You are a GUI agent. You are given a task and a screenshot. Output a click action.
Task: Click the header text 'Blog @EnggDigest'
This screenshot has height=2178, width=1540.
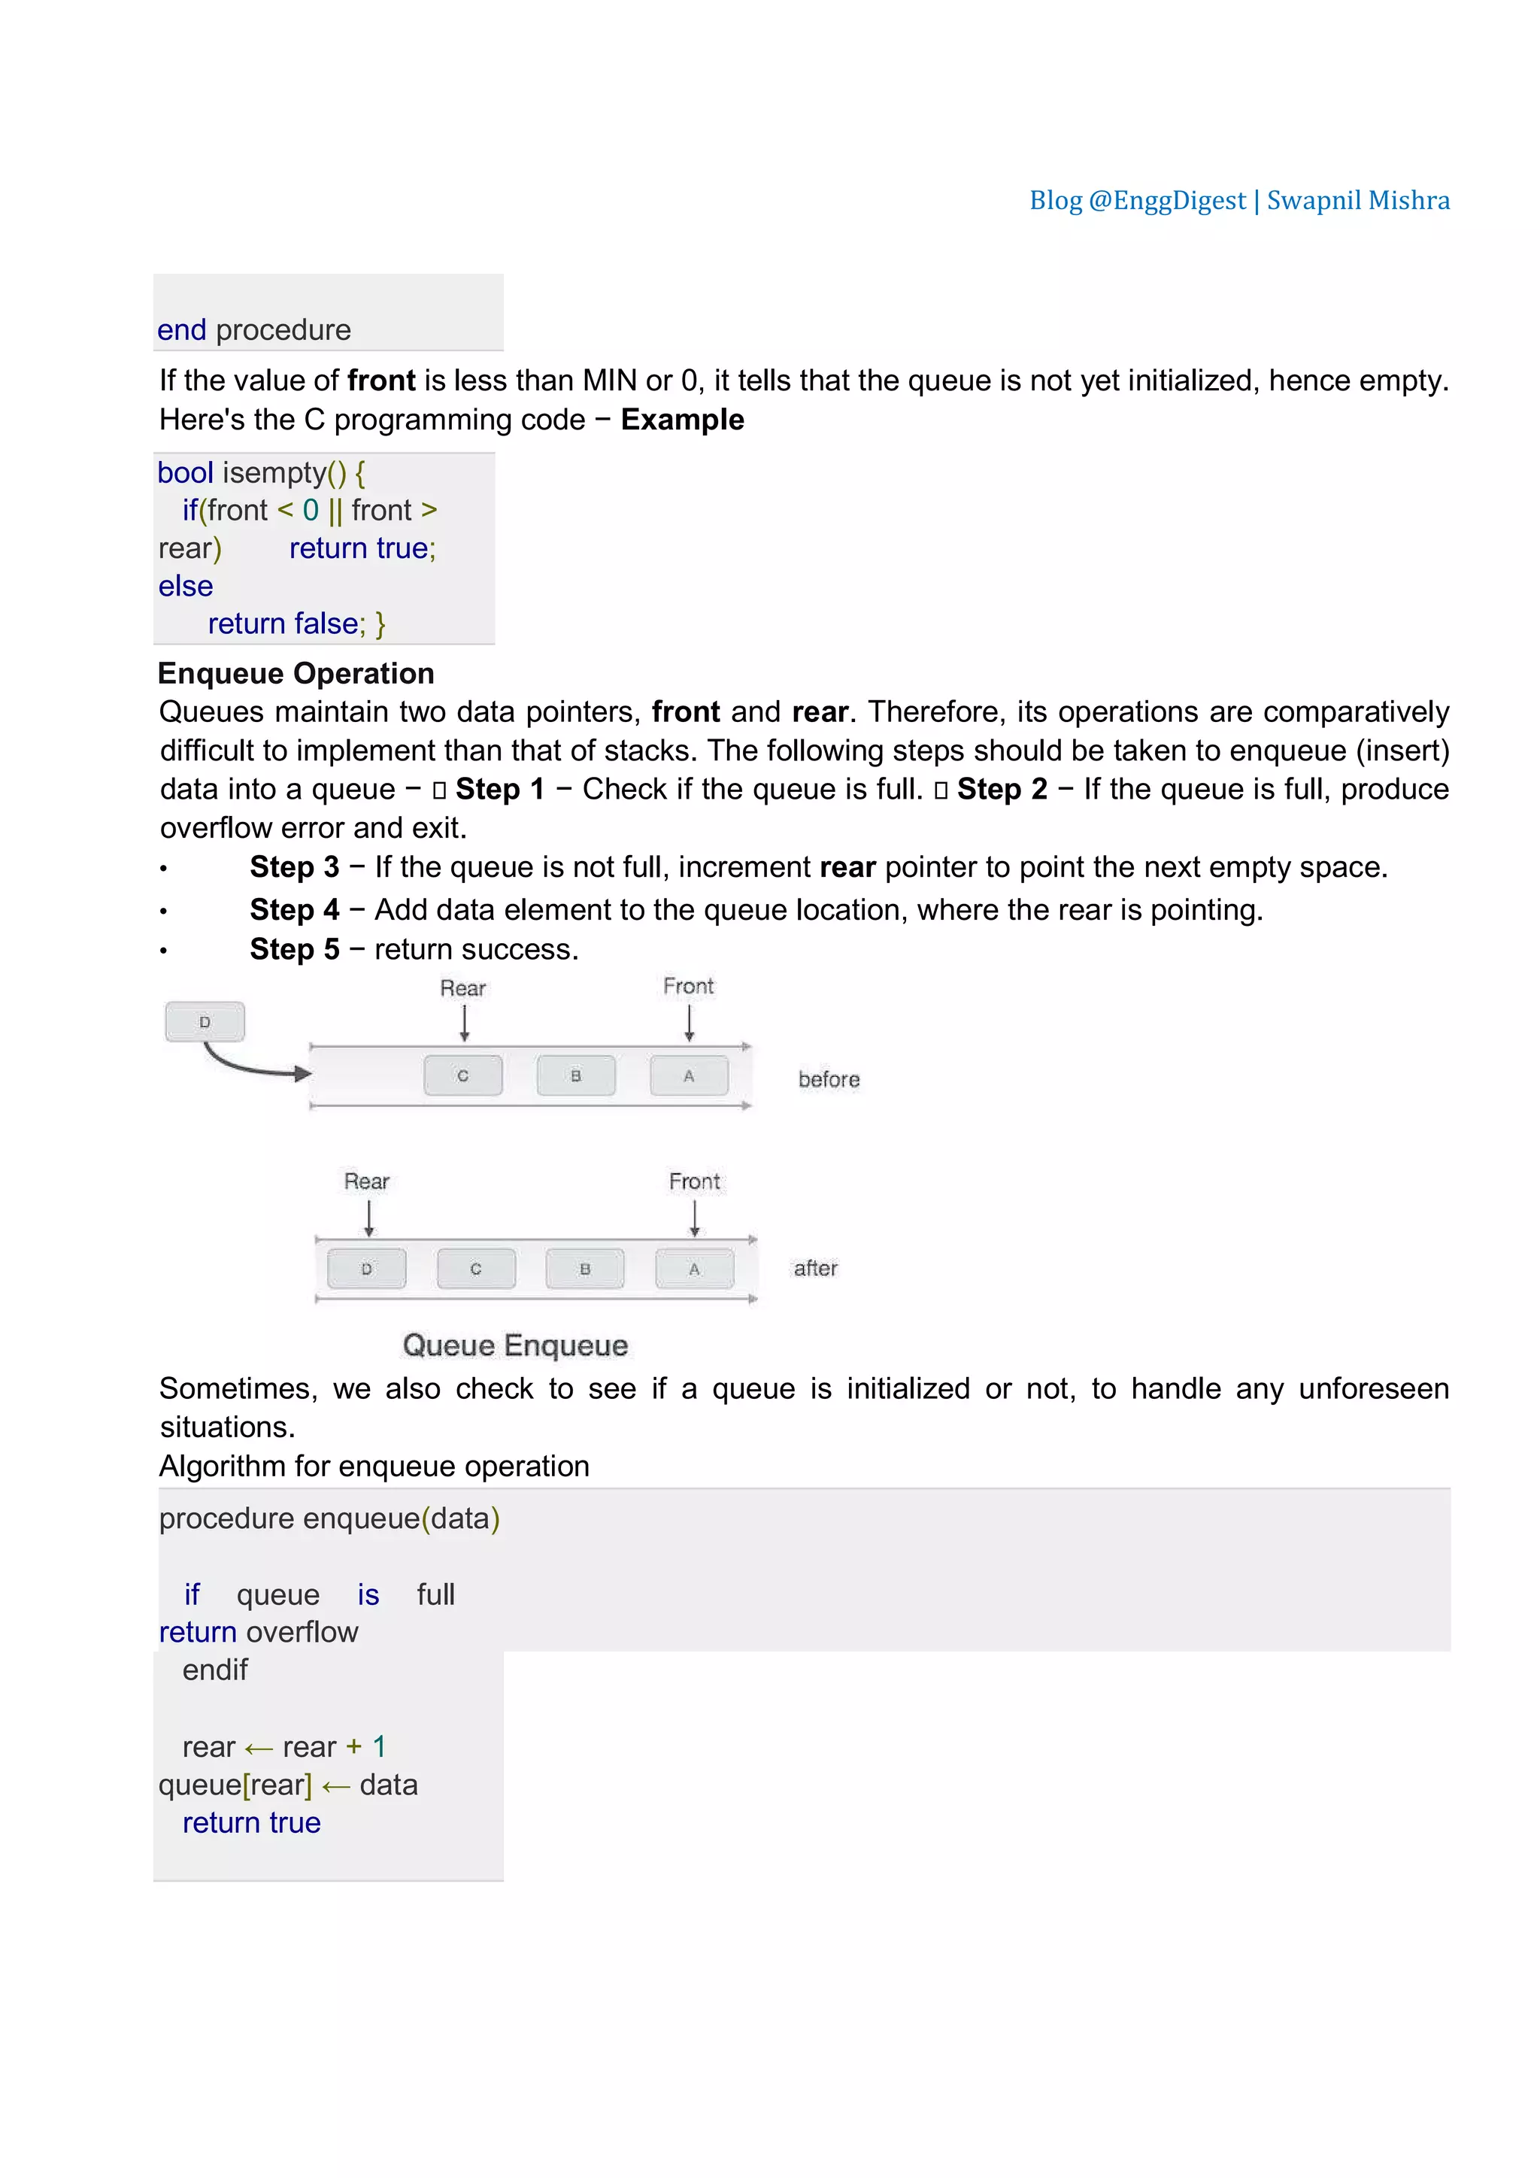(1137, 200)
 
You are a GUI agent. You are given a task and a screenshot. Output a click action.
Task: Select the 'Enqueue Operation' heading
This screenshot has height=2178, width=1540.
(296, 674)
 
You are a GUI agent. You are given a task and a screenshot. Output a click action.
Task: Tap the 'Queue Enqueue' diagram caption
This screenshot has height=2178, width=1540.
(515, 1345)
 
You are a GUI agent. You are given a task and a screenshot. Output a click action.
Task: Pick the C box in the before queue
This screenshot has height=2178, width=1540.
(462, 1075)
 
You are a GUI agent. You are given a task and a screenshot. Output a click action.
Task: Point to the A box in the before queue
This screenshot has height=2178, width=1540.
(690, 1075)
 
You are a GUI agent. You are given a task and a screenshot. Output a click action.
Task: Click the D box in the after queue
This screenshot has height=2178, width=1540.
(367, 1268)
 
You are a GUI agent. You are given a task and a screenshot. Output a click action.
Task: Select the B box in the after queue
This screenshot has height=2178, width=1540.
(585, 1268)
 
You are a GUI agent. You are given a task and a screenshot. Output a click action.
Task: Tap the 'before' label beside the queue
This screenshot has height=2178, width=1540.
(829, 1079)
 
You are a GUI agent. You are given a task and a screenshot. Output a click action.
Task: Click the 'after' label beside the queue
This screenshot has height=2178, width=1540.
(816, 1268)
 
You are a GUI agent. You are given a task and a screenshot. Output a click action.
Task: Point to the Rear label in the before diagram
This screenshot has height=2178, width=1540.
(462, 988)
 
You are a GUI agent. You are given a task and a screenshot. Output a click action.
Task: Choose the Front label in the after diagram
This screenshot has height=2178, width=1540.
(694, 1181)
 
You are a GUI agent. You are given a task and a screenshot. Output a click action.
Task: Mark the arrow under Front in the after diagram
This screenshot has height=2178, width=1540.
(695, 1219)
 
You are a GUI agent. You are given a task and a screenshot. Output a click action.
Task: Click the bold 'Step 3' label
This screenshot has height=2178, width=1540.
(294, 867)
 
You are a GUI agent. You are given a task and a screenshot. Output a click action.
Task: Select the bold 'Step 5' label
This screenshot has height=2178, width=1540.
(294, 950)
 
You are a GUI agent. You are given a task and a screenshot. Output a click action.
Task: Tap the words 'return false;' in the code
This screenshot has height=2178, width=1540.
(286, 623)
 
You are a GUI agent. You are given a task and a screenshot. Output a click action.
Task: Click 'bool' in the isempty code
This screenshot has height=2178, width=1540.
(185, 472)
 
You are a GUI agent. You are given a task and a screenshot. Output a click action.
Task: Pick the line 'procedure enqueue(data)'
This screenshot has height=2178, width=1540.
(329, 1518)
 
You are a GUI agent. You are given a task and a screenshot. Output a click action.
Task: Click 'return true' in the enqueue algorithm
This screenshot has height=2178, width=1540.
(251, 1822)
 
